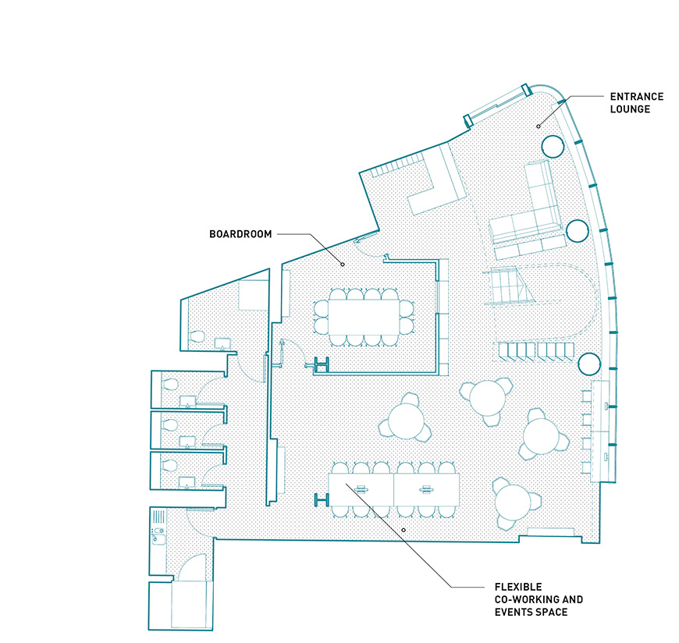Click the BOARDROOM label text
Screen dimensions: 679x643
(240, 234)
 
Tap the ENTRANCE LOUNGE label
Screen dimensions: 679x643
(637, 103)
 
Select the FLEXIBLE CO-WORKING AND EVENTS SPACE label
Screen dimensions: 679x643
(539, 600)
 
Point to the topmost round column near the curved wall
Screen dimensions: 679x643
(553, 147)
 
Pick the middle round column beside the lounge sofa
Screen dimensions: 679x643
(578, 231)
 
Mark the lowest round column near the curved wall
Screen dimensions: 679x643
(589, 364)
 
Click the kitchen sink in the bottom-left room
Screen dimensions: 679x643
(158, 539)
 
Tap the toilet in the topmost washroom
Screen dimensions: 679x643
(197, 336)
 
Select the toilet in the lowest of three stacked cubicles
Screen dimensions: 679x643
(169, 465)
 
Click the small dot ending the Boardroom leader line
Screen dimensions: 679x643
(343, 264)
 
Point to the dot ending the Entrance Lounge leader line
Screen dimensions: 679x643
(539, 126)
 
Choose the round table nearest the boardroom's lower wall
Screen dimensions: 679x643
(406, 421)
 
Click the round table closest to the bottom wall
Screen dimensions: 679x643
(513, 503)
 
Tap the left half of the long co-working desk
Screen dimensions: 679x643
(361, 490)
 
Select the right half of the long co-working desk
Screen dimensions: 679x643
(427, 490)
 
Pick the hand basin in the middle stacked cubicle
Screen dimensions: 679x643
(187, 441)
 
